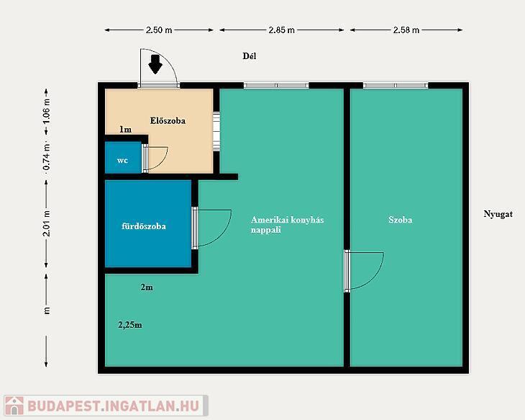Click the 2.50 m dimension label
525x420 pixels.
click(159, 30)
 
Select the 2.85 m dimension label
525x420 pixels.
click(282, 30)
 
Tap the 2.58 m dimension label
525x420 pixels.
click(406, 30)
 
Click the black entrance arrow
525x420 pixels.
click(155, 64)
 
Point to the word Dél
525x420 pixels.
click(250, 56)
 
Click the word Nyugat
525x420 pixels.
click(498, 214)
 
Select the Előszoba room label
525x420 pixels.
click(168, 120)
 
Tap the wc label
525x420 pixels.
click(122, 161)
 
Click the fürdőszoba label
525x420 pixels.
click(144, 226)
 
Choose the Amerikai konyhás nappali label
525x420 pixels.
click(287, 225)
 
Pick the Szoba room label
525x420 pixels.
click(401, 220)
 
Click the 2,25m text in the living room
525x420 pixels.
click(130, 325)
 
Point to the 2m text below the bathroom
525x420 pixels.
click(147, 287)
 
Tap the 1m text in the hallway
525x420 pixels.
click(125, 130)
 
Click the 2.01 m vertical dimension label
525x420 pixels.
click(47, 223)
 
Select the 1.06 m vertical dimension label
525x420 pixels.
click(47, 111)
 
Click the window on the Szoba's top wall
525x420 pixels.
click(396, 86)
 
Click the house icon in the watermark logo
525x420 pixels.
click(14, 406)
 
